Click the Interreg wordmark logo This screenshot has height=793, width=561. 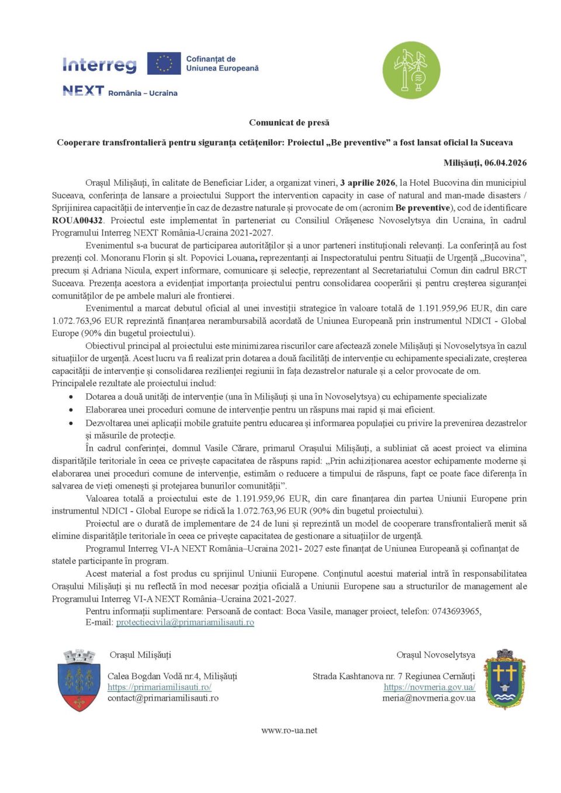tap(99, 64)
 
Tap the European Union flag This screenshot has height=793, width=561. tap(164, 64)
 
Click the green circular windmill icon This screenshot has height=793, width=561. tap(411, 70)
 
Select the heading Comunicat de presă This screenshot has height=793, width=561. tap(289, 123)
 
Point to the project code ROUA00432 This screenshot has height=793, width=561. tap(77, 220)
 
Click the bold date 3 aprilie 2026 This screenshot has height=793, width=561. tap(368, 183)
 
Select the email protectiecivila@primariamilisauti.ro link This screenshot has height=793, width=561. tap(185, 622)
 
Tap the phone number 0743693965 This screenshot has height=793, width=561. tap(456, 611)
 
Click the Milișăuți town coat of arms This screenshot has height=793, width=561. tap(79, 680)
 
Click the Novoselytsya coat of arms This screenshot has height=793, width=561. tap(505, 679)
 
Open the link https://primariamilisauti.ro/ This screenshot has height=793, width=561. tap(159, 687)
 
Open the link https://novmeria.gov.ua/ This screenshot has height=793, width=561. tap(429, 687)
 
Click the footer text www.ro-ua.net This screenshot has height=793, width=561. tap(289, 730)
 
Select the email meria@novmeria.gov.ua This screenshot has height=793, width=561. tap(428, 698)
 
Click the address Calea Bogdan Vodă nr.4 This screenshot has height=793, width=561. tap(153, 676)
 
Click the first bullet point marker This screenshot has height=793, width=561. tap(71, 397)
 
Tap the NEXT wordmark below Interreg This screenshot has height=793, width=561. tap(83, 91)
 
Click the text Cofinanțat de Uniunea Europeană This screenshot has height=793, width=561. tap(222, 64)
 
